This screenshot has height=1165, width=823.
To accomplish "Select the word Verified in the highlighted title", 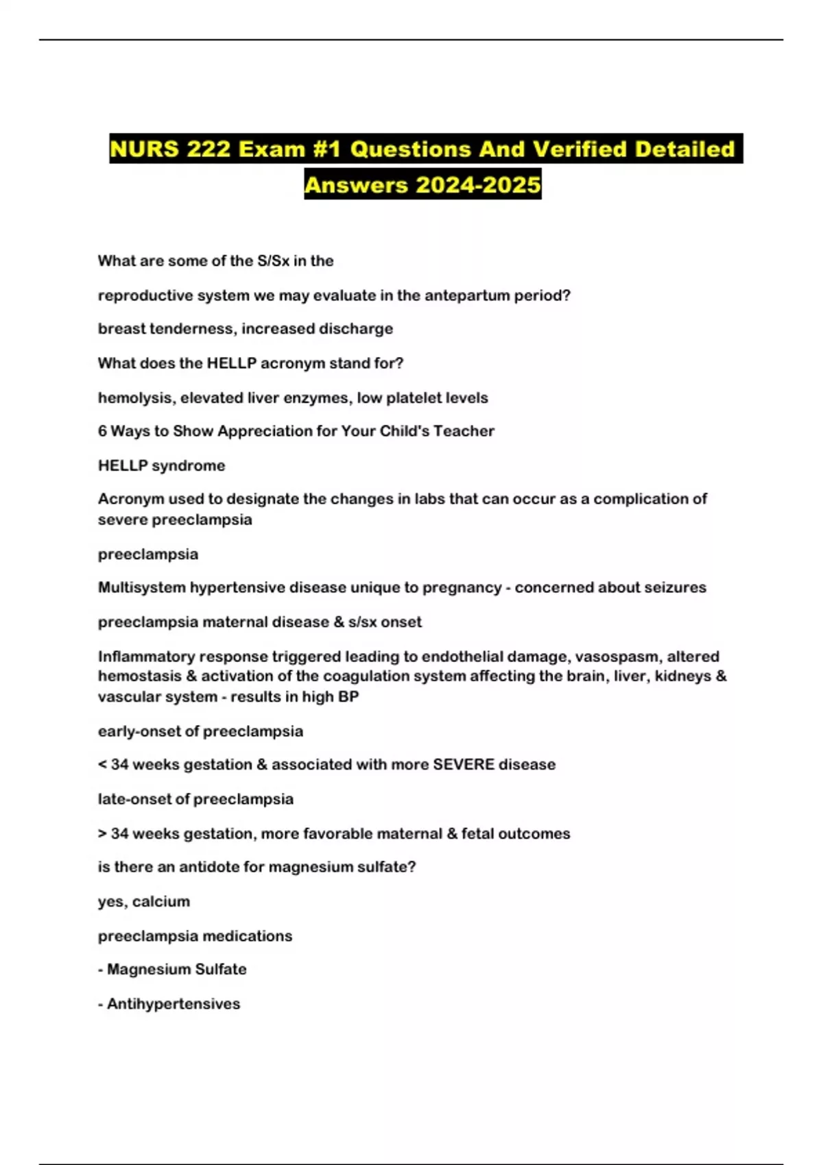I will point(580,149).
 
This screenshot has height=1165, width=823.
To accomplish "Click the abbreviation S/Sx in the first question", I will point(273,260).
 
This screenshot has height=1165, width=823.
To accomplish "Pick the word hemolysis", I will point(134,397).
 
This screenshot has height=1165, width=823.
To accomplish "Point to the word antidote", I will point(208,867).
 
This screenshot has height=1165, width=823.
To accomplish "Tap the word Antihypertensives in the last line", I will point(174,1004).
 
